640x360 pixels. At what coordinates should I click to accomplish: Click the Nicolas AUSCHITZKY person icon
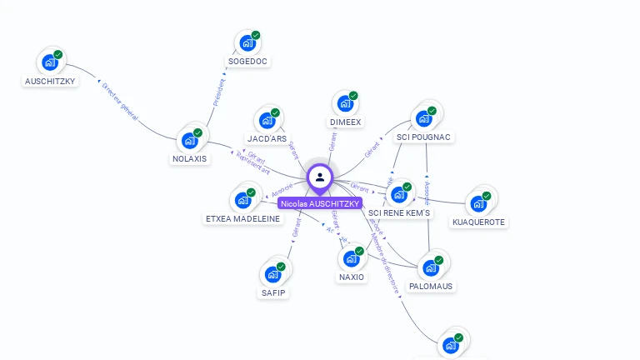[x=320, y=177]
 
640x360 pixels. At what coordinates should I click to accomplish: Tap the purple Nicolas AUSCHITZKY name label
[x=320, y=203]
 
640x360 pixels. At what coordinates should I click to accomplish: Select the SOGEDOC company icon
[x=247, y=42]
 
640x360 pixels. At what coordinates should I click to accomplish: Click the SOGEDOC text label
[x=249, y=61]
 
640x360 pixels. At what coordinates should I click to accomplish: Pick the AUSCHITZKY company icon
[x=51, y=62]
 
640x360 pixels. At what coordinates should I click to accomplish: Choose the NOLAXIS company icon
[x=190, y=140]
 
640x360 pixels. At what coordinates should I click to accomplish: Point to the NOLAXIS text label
[x=190, y=158]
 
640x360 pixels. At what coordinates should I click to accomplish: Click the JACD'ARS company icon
[x=267, y=120]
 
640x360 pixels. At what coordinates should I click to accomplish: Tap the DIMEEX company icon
[x=345, y=104]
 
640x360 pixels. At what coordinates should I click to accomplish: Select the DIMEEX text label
[x=346, y=122]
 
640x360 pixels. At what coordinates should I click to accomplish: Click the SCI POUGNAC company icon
[x=424, y=117]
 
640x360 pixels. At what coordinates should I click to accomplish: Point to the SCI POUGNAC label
[x=423, y=137]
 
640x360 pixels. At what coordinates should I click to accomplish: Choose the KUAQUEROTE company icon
[x=478, y=203]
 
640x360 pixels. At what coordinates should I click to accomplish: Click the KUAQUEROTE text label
[x=478, y=222]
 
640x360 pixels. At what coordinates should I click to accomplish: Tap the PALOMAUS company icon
[x=431, y=267]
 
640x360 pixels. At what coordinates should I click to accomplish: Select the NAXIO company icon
[x=352, y=258]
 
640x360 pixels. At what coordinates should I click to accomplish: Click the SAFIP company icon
[x=272, y=274]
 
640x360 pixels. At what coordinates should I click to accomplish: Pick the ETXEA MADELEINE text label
[x=243, y=218]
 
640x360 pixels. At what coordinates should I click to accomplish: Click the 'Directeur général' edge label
[x=119, y=101]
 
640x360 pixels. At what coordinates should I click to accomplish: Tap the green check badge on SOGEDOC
[x=256, y=35]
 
